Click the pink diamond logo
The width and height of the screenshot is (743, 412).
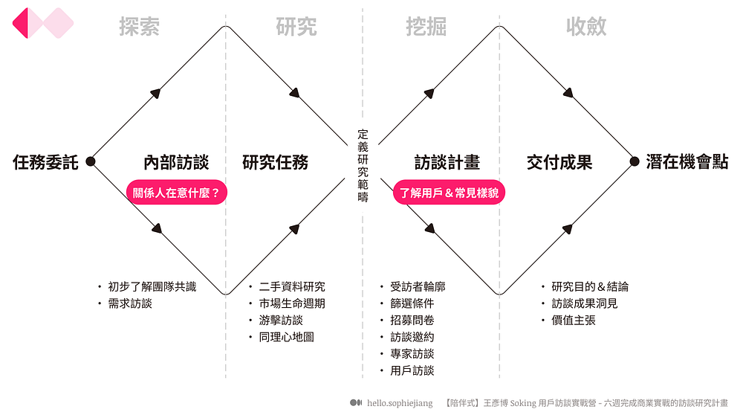click(43, 23)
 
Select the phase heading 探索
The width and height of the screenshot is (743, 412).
click(140, 27)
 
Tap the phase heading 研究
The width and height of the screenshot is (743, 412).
click(296, 27)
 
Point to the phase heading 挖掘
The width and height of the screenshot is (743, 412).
click(426, 27)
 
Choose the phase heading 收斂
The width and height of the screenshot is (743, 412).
click(586, 27)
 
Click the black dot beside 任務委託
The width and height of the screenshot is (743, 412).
click(91, 161)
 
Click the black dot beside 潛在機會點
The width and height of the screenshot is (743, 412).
click(635, 161)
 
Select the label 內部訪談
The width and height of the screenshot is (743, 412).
click(176, 162)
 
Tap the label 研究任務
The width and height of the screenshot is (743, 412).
click(275, 162)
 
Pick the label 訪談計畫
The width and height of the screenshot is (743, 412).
click(447, 162)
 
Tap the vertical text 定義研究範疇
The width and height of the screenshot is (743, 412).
click(363, 166)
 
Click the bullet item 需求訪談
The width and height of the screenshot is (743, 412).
click(129, 303)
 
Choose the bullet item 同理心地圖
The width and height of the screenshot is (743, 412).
click(286, 337)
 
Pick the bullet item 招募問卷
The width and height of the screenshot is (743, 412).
click(412, 321)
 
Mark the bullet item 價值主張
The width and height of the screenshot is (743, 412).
click(573, 321)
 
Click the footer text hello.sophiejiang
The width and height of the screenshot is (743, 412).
click(400, 402)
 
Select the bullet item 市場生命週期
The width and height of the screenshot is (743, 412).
click(291, 303)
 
